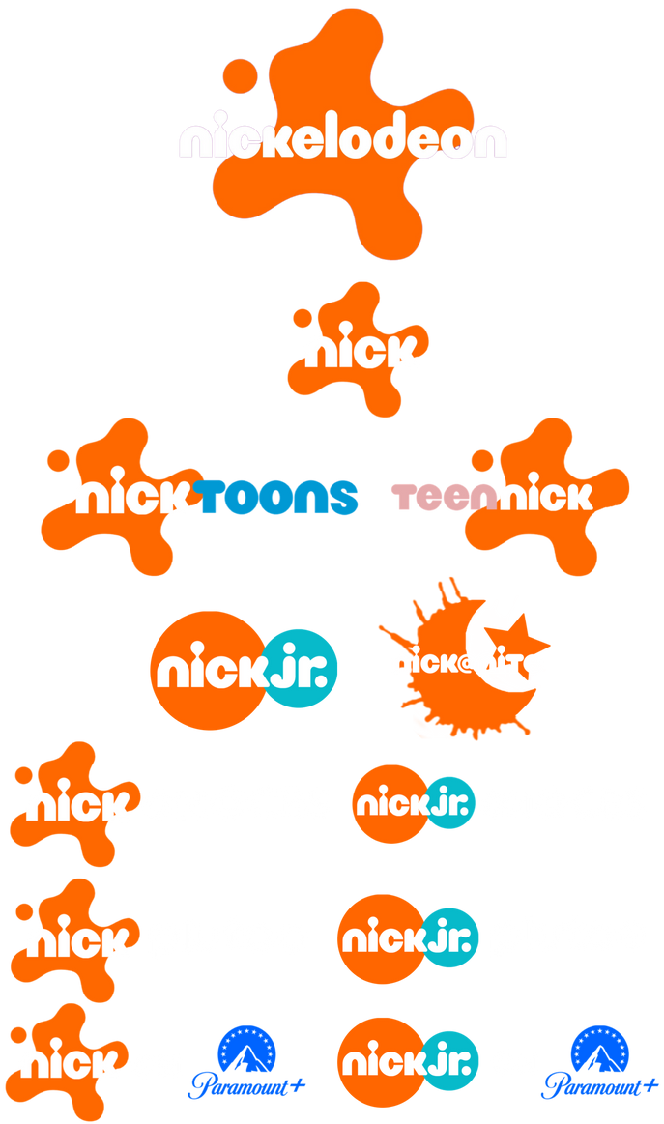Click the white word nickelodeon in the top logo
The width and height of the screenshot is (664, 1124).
click(342, 141)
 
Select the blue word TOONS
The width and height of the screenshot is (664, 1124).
click(277, 497)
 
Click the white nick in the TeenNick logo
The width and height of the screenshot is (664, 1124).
click(546, 497)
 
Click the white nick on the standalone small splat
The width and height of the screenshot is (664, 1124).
click(361, 352)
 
